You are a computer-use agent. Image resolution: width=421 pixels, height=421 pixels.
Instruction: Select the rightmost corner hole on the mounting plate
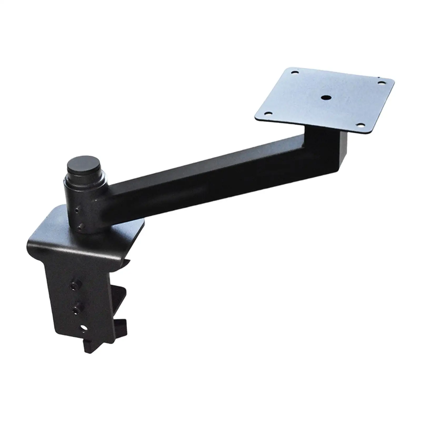[380, 82]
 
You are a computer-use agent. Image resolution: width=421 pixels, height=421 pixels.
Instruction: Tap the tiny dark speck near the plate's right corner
[378, 77]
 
